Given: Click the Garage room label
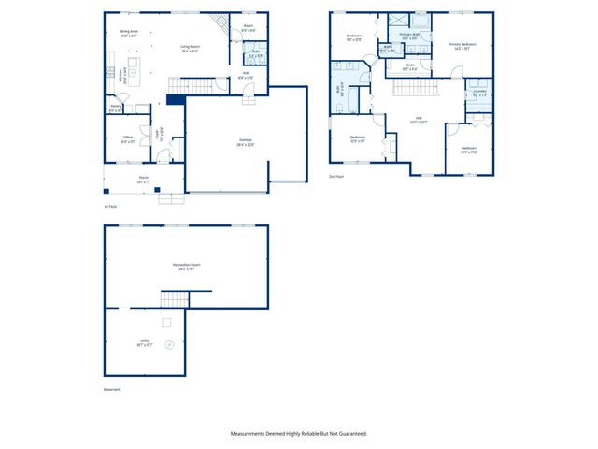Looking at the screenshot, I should click(x=245, y=142).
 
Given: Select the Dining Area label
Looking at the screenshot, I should click(x=128, y=33).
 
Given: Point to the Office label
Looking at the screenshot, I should click(x=127, y=139).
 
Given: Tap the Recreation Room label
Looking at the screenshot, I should click(x=187, y=267).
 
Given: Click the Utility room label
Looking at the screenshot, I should click(x=144, y=343).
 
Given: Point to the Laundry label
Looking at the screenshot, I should click(x=479, y=94).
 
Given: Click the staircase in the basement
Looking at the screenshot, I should click(x=175, y=299).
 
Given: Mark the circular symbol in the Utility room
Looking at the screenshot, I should click(x=169, y=343).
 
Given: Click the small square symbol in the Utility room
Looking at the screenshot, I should click(x=166, y=322).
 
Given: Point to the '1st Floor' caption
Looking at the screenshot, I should click(x=111, y=206).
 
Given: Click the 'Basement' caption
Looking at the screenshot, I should click(x=112, y=389).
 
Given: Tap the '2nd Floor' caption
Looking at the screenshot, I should click(x=336, y=175).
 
